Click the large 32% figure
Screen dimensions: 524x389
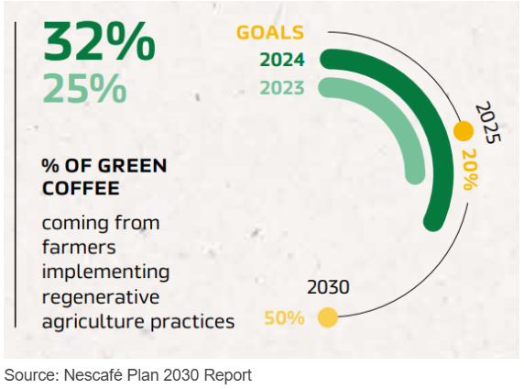(99, 41)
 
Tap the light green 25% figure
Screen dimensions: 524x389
(84, 88)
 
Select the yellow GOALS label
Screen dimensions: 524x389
(270, 33)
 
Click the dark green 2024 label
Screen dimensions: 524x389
(282, 61)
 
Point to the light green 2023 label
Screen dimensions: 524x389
(282, 88)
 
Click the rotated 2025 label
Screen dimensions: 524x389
(488, 123)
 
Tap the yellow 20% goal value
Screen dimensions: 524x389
(471, 169)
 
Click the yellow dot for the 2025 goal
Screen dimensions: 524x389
(464, 131)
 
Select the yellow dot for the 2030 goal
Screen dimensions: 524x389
(328, 317)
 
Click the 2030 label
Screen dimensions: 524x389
(328, 287)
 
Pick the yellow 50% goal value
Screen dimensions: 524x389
(284, 317)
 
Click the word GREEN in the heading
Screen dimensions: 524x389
(133, 166)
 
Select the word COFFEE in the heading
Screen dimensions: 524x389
(81, 188)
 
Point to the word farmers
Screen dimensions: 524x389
(79, 247)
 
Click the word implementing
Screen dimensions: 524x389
(105, 272)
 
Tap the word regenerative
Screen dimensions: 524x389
(101, 297)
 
